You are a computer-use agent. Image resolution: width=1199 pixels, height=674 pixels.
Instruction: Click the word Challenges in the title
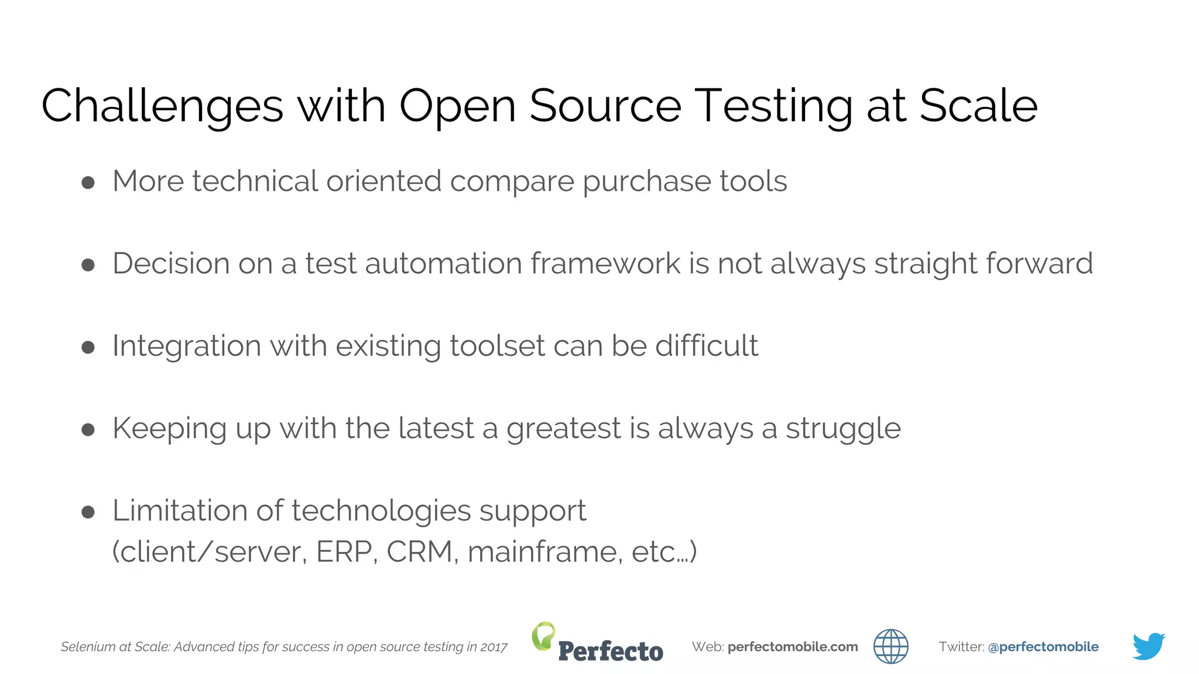point(162,106)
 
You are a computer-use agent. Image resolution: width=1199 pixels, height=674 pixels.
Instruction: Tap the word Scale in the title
point(978,105)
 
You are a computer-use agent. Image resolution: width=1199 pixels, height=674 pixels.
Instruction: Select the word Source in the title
point(605,105)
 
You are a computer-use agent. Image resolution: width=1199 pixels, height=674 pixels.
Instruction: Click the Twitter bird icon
point(1148,646)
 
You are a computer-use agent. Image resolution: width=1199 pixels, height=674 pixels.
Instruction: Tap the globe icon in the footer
point(890,647)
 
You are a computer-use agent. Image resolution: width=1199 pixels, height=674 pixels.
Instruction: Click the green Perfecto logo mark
point(543,635)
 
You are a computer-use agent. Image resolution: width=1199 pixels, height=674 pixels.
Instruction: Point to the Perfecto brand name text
point(611,651)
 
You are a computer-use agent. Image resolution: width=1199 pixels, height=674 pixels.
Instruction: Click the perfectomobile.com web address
point(793,647)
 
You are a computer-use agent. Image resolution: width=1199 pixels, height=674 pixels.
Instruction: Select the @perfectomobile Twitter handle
point(1043,647)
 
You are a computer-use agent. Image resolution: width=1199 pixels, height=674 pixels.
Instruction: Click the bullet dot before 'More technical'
point(88,183)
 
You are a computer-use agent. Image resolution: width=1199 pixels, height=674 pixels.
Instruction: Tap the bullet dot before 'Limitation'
point(88,513)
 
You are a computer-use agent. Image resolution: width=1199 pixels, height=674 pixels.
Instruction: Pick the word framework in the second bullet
point(605,263)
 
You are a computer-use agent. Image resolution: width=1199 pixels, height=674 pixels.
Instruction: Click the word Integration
point(186,346)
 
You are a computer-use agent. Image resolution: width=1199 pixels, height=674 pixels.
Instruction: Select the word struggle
point(842,429)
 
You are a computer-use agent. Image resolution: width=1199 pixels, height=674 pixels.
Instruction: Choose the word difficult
point(706,345)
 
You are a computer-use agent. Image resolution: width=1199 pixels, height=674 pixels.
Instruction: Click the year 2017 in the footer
point(494,647)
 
